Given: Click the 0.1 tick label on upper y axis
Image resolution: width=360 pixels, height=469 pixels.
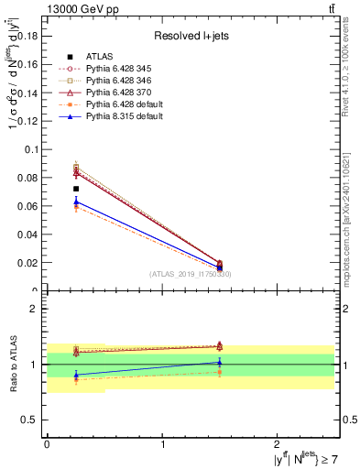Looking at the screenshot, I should coord(32,148).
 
